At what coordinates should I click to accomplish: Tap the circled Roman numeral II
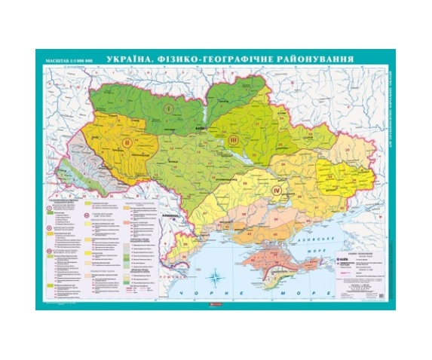pyautogui.click(x=127, y=142)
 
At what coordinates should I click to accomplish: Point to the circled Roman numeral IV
pyautogui.click(x=275, y=191)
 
